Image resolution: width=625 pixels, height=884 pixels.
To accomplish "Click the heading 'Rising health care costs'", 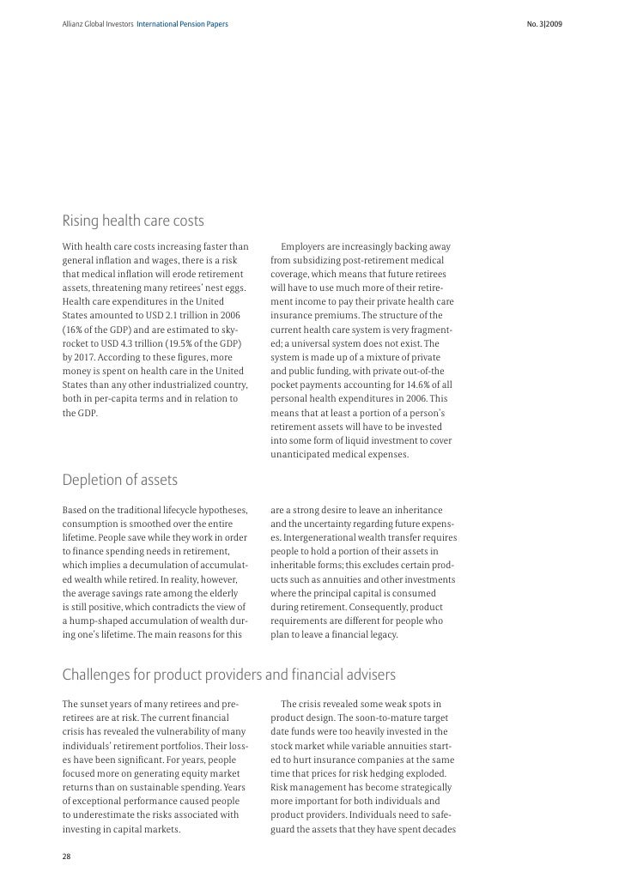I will (133, 221).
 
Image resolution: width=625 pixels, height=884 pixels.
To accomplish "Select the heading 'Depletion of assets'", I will (119, 478).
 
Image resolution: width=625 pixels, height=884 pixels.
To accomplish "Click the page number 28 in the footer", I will (66, 856).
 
